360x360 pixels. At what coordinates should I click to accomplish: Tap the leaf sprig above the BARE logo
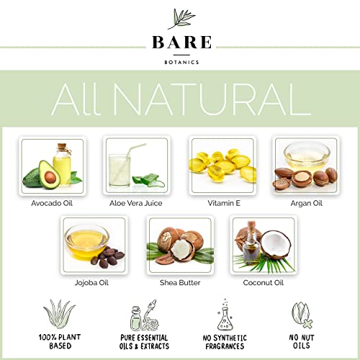(179, 18)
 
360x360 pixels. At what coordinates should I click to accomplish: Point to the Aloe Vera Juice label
(136, 202)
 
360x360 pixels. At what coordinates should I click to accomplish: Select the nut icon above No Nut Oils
(300, 314)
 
